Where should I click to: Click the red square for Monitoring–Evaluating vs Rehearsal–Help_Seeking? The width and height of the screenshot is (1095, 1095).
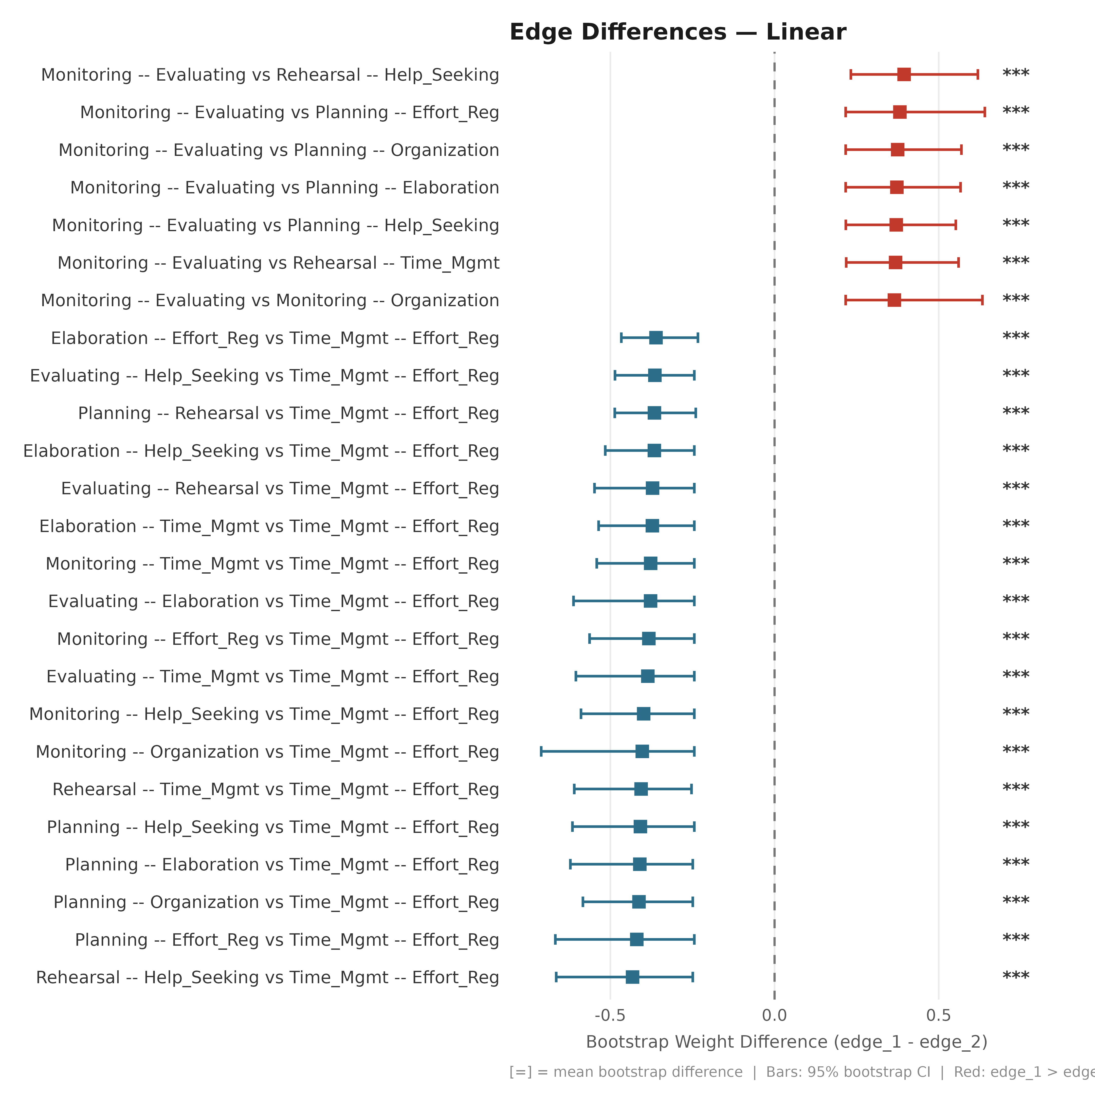[904, 74]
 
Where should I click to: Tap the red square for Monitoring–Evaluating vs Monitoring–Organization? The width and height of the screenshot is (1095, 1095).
[894, 300]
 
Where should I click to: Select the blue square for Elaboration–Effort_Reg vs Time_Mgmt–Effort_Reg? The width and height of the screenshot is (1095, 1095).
[656, 338]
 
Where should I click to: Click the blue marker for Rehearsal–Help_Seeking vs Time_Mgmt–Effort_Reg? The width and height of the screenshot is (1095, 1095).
[632, 977]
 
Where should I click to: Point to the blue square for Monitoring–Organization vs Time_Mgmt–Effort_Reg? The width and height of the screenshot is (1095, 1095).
[642, 752]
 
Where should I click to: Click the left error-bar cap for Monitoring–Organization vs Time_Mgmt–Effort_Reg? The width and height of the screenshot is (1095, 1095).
[541, 752]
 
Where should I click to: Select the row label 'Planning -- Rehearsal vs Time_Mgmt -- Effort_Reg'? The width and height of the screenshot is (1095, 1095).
[288, 413]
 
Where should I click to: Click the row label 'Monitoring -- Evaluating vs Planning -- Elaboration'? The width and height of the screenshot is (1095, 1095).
[284, 188]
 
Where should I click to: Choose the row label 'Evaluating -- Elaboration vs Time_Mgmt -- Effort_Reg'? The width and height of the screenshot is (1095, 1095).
[274, 601]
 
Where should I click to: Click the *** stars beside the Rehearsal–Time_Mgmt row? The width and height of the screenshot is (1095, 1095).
[1016, 788]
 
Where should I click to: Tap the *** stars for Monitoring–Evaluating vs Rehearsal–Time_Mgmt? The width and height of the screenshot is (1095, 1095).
[1016, 262]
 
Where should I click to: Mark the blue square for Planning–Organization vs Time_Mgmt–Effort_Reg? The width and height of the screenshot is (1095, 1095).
[639, 902]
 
